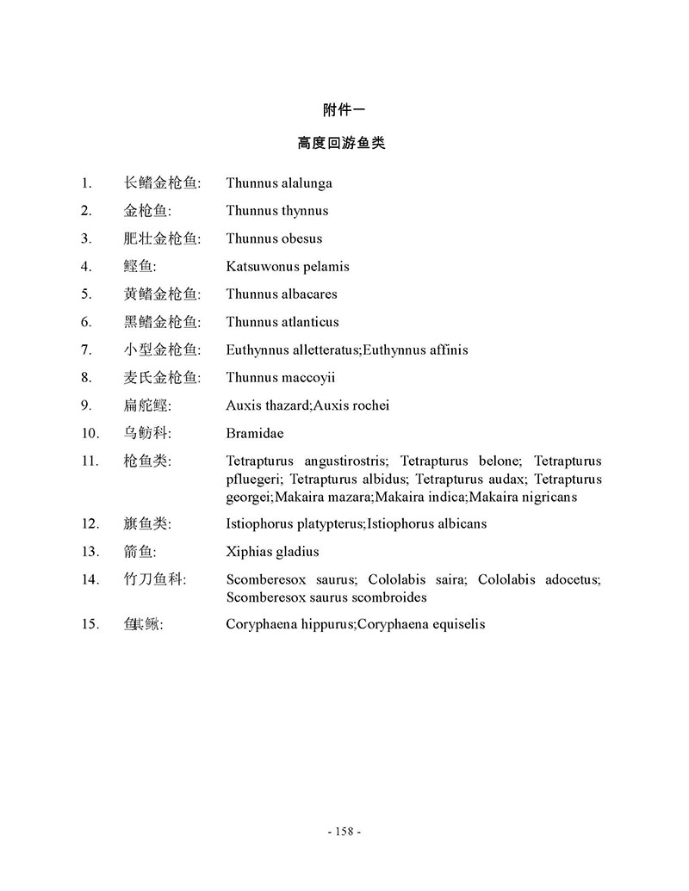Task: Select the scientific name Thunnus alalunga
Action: [279, 183]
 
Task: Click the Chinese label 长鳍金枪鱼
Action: [161, 183]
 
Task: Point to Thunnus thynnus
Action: [277, 211]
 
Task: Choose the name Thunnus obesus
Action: [274, 238]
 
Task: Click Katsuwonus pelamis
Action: [288, 267]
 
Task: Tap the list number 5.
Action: [86, 294]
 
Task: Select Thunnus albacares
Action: [282, 294]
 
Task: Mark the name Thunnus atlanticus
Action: [282, 322]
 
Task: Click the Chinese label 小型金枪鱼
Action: [161, 350]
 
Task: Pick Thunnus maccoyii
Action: [281, 378]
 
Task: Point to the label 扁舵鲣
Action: [146, 405]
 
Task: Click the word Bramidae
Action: [255, 434]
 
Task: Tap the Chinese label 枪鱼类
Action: [146, 461]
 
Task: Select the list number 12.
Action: [90, 524]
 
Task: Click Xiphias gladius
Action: [272, 552]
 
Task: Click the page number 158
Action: [344, 832]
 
